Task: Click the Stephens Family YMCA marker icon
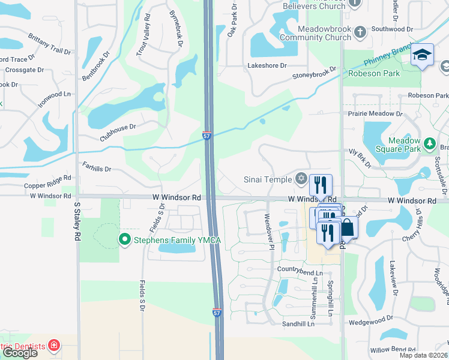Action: pos(125,240)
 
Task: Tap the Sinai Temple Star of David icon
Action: pos(301,179)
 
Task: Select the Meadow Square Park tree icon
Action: pos(429,144)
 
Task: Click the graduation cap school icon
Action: pos(422,55)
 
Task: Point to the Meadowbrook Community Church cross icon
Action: pos(360,32)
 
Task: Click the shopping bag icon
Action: pos(348,228)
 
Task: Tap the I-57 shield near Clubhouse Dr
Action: pos(206,136)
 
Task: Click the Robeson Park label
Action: pos(373,73)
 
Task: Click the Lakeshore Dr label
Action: pos(267,65)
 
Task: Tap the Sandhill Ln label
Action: pos(298,324)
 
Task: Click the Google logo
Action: pos(20,353)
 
